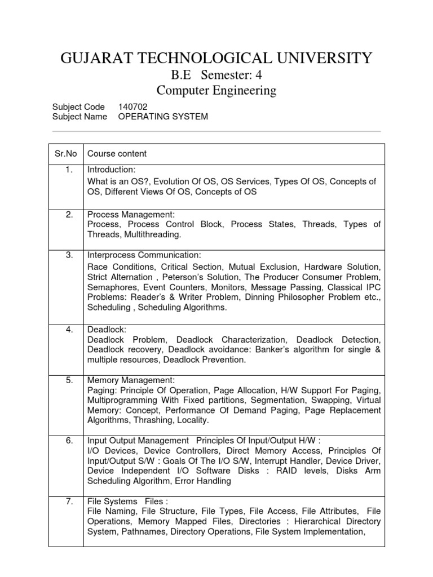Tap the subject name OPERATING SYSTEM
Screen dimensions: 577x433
(163, 117)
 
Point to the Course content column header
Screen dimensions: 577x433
(117, 154)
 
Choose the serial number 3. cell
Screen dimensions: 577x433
(69, 255)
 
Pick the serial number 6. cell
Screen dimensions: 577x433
(69, 440)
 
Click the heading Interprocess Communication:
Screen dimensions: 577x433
(144, 255)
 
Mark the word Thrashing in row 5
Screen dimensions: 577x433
(152, 420)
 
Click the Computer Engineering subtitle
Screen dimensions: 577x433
(216, 90)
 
